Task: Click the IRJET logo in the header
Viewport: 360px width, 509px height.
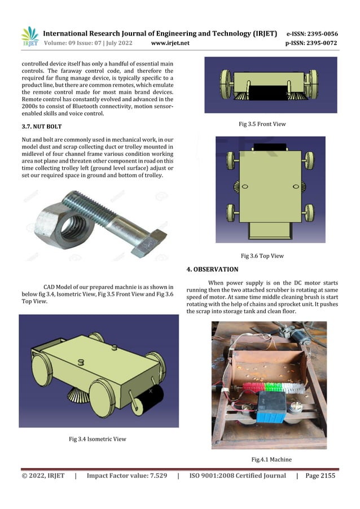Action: point(29,37)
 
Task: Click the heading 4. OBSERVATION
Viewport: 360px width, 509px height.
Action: point(212,269)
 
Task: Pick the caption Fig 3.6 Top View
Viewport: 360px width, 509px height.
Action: point(262,256)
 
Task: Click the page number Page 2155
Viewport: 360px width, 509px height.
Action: point(320,476)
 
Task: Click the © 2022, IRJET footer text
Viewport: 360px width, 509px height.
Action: point(43,476)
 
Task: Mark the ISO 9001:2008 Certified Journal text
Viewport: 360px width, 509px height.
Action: point(237,476)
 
